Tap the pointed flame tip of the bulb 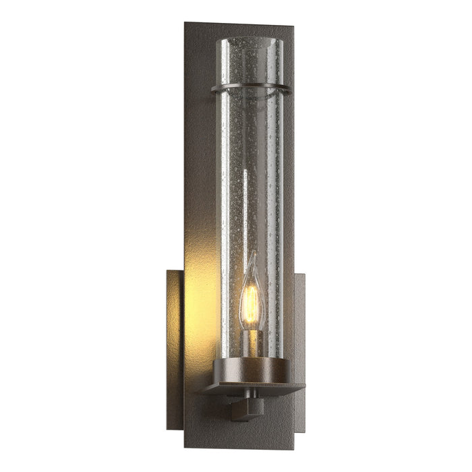click(x=251, y=259)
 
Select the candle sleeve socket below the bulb click(x=251, y=343)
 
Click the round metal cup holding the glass click(x=251, y=370)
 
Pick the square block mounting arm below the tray click(x=243, y=409)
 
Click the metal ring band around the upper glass click(x=251, y=89)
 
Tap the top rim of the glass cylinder click(x=249, y=39)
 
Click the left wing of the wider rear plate click(x=175, y=337)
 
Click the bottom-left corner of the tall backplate click(x=185, y=446)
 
